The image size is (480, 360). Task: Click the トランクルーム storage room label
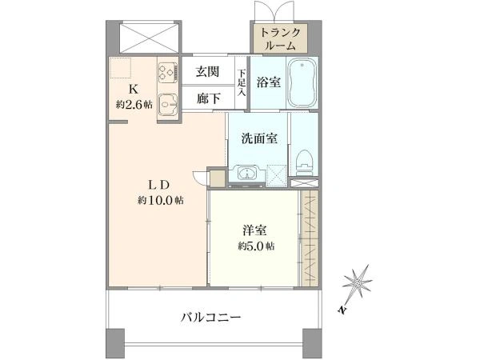click(280, 39)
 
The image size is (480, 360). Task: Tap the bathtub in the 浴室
click(302, 83)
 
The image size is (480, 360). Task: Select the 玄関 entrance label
click(207, 72)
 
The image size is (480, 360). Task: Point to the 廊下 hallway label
click(208, 98)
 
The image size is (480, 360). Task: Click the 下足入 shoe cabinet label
click(242, 83)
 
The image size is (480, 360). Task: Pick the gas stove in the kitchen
click(168, 72)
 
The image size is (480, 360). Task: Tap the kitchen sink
click(168, 104)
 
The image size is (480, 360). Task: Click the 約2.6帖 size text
click(134, 105)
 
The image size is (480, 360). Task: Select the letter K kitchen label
click(133, 90)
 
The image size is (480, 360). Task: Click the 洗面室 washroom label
click(259, 138)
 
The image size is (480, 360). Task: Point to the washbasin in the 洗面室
click(247, 174)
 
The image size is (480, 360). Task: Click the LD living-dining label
click(158, 185)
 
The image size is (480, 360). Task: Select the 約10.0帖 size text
click(161, 201)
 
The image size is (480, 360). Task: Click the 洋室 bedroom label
click(254, 231)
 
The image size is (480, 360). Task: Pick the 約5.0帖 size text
click(256, 246)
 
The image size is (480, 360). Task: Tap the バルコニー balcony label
click(210, 317)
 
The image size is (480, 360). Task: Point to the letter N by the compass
click(342, 310)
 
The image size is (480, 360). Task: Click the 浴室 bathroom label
click(269, 82)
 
